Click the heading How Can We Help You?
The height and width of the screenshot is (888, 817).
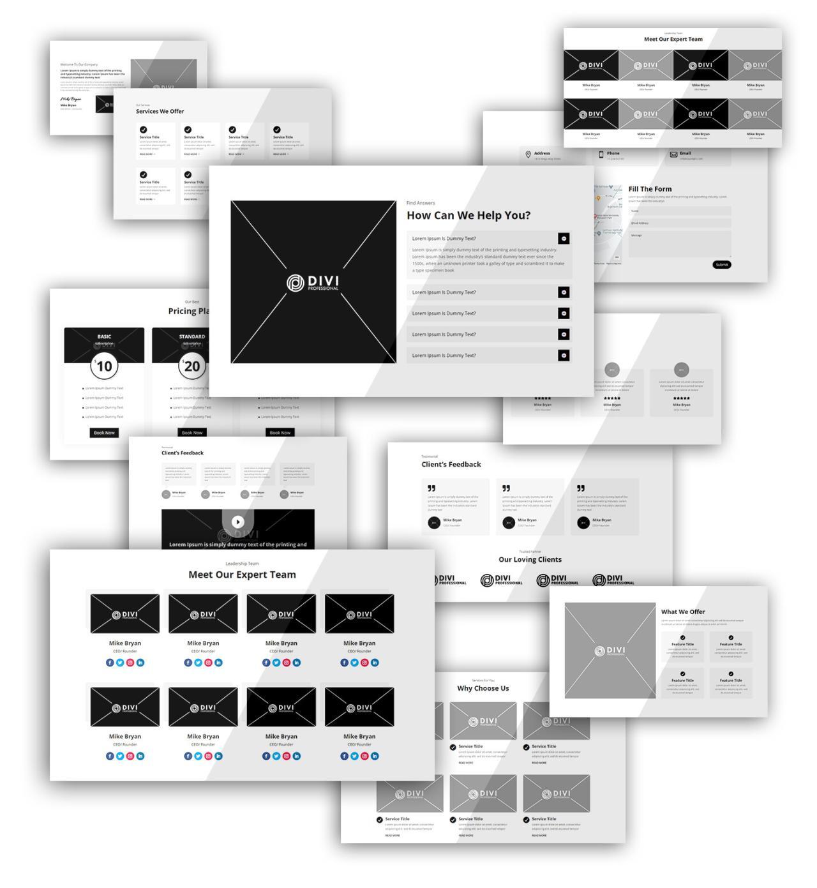click(x=468, y=216)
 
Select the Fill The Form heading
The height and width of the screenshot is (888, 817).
click(x=649, y=189)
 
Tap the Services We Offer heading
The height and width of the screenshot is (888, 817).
click(x=160, y=111)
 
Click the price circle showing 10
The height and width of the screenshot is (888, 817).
click(x=104, y=366)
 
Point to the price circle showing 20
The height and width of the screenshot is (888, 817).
click(x=191, y=366)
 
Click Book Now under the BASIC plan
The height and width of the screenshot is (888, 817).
click(x=104, y=433)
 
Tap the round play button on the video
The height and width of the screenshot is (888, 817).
click(x=237, y=522)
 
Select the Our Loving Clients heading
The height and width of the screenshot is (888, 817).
click(x=530, y=559)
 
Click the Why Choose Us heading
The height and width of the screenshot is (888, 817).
click(x=483, y=688)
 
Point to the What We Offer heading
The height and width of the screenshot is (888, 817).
click(x=682, y=612)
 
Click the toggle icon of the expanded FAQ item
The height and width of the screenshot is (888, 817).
click(x=563, y=239)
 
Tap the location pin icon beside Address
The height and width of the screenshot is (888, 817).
click(x=528, y=154)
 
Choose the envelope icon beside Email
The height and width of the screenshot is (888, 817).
click(x=673, y=154)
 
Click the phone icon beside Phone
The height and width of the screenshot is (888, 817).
click(x=601, y=154)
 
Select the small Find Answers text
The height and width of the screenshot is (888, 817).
click(x=420, y=203)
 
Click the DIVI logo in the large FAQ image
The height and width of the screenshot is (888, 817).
click(x=313, y=283)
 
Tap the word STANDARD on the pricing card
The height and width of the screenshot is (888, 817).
click(x=191, y=336)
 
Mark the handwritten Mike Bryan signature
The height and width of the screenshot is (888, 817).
click(x=71, y=100)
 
